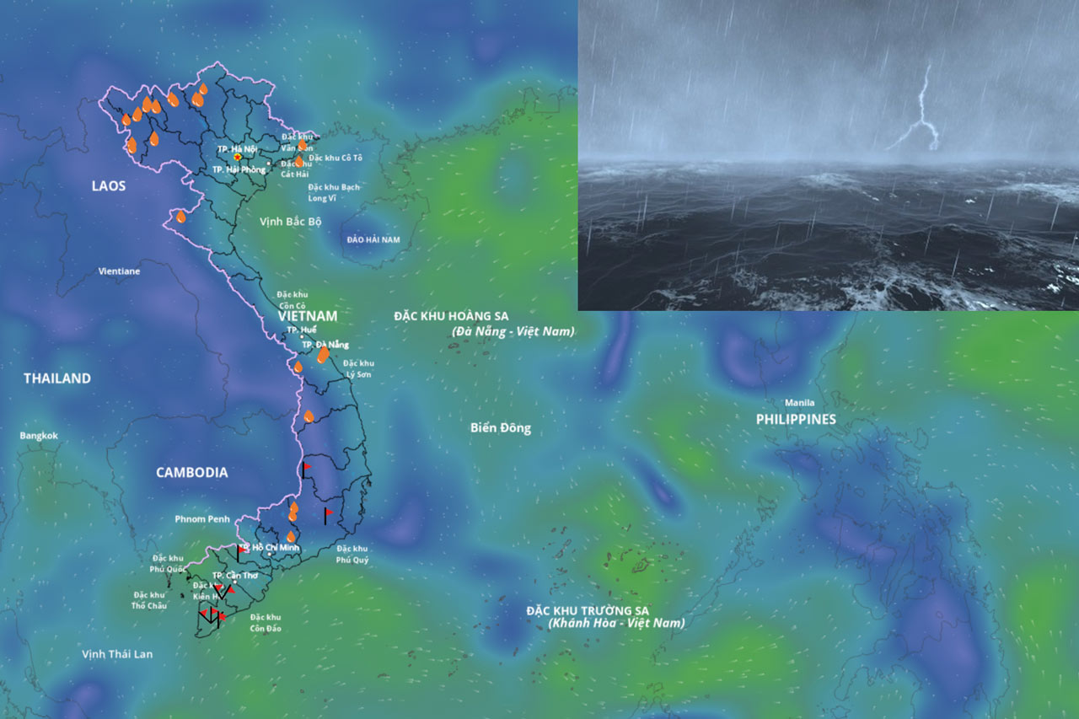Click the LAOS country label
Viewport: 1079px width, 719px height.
click(108, 185)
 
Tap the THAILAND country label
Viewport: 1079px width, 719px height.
click(56, 378)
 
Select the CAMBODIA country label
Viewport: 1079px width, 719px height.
click(191, 473)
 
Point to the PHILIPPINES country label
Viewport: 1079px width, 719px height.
click(795, 419)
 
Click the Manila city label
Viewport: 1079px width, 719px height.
click(799, 403)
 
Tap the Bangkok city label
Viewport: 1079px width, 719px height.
click(39, 436)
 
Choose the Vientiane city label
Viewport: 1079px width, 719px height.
click(119, 271)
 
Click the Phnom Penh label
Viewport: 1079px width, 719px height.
click(201, 519)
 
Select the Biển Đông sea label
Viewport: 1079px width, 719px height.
click(500, 428)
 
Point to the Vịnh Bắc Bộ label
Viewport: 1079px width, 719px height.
click(291, 222)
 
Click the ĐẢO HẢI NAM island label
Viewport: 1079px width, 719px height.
click(373, 240)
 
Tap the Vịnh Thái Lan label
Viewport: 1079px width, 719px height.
click(117, 654)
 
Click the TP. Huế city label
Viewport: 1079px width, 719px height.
click(301, 330)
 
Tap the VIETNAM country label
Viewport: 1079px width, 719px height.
click(308, 316)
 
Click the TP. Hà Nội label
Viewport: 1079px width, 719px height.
click(236, 149)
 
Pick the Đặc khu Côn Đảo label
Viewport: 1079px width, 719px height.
click(266, 623)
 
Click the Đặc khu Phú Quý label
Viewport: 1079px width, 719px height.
click(352, 554)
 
